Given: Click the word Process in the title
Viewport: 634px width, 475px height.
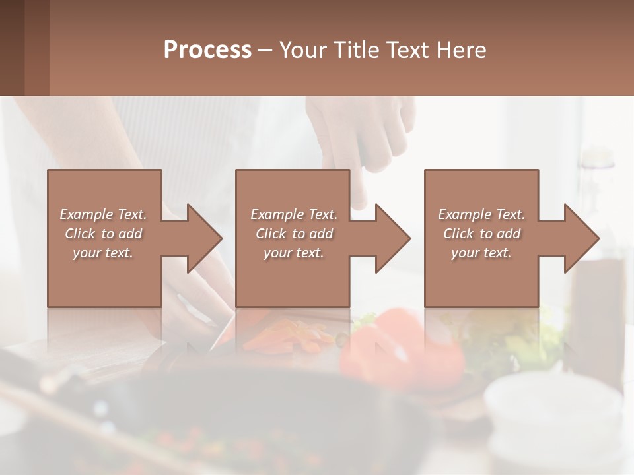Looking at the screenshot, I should coord(207,50).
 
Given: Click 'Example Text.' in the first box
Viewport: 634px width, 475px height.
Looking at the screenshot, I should coord(103,214).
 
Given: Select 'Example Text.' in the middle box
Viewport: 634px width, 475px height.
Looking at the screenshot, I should coord(294,214).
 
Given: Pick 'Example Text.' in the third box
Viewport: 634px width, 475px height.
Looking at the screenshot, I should coord(481,214).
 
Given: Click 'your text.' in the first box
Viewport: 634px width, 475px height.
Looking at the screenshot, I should coord(103,253).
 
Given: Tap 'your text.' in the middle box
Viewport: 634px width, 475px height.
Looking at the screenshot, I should coord(294,253).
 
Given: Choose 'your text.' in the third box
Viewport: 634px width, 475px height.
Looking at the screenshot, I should coord(481,253).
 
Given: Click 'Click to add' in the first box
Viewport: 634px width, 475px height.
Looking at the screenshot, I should coord(103,234).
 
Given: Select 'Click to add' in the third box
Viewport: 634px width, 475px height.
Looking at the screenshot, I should coord(481,234).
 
